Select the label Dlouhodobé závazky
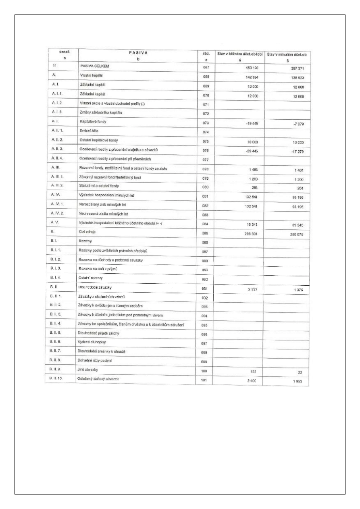95,287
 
